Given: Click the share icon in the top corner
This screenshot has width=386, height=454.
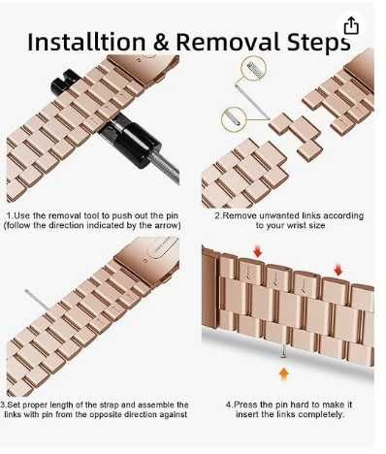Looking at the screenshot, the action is [x=351, y=25].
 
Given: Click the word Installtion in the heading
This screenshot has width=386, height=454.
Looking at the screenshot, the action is [x=86, y=43].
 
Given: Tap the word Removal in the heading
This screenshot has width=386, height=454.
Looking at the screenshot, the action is [x=228, y=43].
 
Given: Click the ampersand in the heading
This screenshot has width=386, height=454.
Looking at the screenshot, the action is [x=161, y=43].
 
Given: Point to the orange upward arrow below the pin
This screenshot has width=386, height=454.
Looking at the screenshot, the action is [x=283, y=374].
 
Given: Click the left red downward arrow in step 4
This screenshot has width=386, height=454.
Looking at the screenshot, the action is [x=258, y=251].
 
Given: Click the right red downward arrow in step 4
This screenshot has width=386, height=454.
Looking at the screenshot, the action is [x=338, y=270].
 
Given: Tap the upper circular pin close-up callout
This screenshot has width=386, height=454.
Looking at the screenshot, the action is [x=253, y=69].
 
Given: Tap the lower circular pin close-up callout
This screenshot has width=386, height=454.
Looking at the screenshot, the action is [x=234, y=119].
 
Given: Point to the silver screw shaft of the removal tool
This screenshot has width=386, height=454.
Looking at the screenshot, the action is [x=166, y=168].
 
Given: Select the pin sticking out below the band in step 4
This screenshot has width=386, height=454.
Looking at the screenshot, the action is [x=283, y=351].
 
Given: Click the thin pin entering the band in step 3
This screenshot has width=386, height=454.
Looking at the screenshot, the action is [x=37, y=300].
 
